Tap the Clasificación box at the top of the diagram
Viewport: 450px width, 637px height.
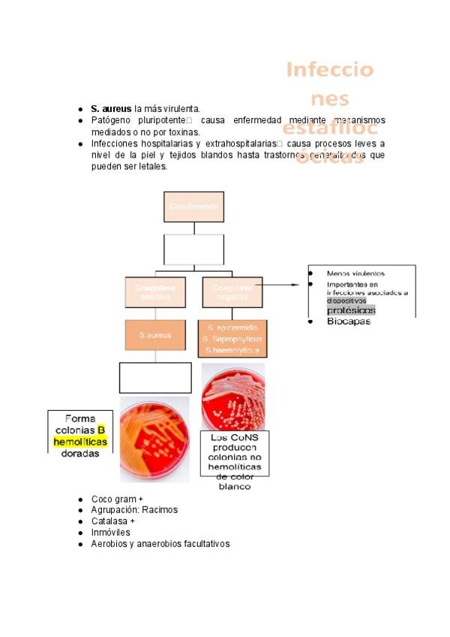click(x=193, y=207)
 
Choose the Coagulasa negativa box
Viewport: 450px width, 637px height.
click(x=232, y=292)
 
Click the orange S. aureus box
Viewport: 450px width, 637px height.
click(x=155, y=335)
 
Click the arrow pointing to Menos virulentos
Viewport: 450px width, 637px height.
click(x=292, y=285)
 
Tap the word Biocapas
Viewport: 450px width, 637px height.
click(x=348, y=322)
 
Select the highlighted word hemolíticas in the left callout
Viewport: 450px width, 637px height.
click(x=80, y=442)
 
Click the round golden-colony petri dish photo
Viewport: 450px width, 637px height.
click(x=155, y=439)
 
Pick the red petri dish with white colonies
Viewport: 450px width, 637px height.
click(x=233, y=397)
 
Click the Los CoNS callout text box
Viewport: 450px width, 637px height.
click(x=234, y=460)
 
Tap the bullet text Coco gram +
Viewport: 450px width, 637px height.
click(x=117, y=499)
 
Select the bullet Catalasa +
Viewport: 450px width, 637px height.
click(x=113, y=521)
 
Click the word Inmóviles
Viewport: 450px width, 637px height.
click(x=110, y=533)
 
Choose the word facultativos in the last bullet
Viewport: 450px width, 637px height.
click(x=203, y=544)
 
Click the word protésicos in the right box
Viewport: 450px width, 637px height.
click(x=351, y=310)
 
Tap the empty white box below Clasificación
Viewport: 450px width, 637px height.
click(x=193, y=249)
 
